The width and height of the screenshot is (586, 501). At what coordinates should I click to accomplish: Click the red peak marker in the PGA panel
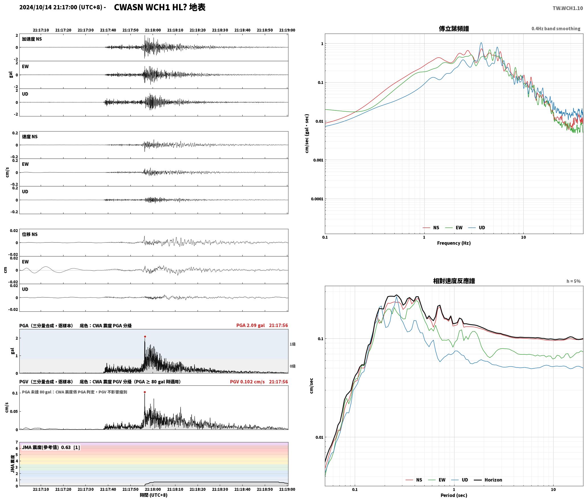(x=145, y=336)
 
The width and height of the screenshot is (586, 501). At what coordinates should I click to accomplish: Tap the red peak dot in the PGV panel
(x=145, y=392)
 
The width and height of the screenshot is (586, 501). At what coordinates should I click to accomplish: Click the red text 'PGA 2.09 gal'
(x=250, y=325)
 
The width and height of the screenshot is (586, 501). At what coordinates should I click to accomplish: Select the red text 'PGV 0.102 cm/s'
(x=247, y=382)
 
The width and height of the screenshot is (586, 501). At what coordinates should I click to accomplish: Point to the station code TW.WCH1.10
(x=567, y=8)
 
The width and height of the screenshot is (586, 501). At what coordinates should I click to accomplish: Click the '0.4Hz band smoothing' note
(x=556, y=29)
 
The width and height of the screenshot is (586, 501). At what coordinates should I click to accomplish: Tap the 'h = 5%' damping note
(x=573, y=281)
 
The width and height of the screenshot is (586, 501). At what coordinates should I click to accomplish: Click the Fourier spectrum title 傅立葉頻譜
(x=454, y=29)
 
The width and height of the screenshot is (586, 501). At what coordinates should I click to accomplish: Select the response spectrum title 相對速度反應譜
(x=454, y=281)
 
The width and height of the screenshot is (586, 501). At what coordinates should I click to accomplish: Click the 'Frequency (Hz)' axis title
(x=454, y=243)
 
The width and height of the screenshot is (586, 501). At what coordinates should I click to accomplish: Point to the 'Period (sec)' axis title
(x=454, y=495)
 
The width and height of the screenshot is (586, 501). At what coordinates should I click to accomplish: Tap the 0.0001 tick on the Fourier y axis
(x=317, y=199)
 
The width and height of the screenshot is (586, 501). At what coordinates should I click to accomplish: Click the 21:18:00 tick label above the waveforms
(x=153, y=30)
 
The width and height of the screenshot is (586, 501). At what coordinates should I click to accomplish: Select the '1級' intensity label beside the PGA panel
(x=292, y=344)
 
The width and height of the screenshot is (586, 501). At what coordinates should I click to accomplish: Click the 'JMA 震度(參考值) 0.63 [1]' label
(x=51, y=447)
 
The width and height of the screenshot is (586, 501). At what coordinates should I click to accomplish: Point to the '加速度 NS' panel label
(x=32, y=39)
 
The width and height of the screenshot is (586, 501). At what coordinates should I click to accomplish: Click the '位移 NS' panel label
(x=30, y=234)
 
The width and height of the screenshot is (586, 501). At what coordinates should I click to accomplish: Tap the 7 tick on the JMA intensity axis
(x=17, y=442)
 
